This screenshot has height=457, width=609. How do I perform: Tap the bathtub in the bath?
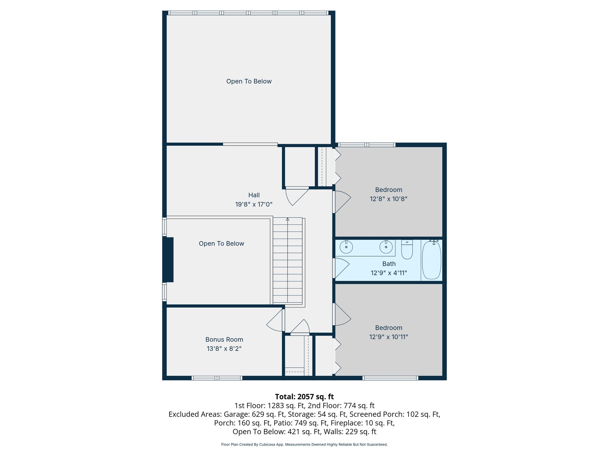[431, 260]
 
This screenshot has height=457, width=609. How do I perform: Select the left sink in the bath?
[346, 247]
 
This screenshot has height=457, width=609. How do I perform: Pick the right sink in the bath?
[386, 247]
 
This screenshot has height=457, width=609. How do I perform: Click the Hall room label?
[254, 195]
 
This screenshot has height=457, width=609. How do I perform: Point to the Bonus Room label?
[224, 339]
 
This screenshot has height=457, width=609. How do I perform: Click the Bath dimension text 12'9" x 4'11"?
[389, 273]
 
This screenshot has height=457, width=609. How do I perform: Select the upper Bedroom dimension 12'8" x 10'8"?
[388, 199]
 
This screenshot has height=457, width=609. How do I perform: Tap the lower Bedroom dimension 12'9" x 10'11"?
[389, 337]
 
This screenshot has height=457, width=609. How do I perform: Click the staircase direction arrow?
[288, 219]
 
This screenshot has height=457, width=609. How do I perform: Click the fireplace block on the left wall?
[168, 259]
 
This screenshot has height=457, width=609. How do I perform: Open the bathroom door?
[341, 268]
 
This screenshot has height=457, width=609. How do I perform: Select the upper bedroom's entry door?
[341, 202]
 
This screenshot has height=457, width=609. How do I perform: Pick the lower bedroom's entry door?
[341, 314]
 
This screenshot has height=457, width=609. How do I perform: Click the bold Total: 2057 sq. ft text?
[304, 397]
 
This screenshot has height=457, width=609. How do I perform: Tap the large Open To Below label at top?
[249, 81]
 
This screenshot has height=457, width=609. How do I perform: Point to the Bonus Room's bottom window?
[217, 378]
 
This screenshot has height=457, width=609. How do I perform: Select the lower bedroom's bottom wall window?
[390, 378]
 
